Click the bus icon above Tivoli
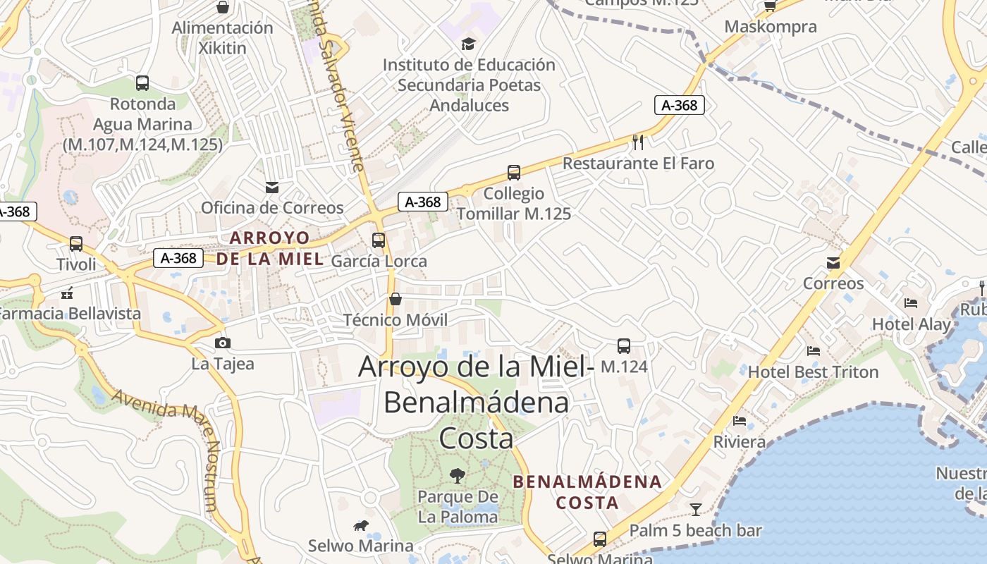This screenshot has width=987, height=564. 76,244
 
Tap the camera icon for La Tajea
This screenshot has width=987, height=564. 223,343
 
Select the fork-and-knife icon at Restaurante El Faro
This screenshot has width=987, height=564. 638,142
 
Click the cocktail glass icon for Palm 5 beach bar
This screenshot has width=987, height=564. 696,509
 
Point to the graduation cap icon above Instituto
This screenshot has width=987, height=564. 469,44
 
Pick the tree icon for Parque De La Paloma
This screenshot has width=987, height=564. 458,476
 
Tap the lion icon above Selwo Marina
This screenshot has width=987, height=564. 361,525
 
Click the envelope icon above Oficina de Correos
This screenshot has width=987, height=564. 272,188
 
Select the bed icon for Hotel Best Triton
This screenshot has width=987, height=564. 814,351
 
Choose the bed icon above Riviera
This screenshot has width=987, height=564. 740,421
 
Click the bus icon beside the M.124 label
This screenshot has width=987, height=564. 624,346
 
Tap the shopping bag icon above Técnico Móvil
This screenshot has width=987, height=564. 396,299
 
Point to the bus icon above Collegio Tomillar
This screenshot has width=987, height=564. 514,173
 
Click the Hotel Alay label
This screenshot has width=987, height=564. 912,324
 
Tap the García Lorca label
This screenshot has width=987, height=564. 379,262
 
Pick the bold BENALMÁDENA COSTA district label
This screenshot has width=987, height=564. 587,492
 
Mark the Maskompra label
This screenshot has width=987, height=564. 771,27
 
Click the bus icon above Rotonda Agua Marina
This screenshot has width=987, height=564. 142,83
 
